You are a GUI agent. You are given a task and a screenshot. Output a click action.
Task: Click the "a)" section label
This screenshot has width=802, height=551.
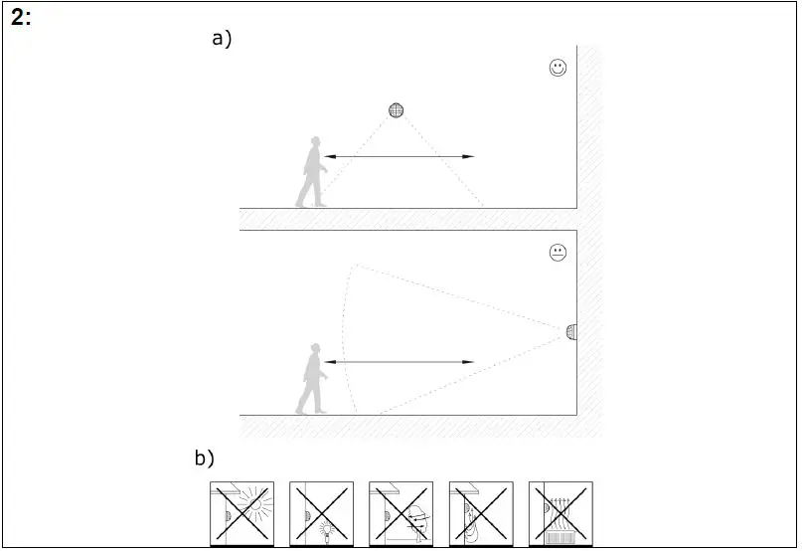222,39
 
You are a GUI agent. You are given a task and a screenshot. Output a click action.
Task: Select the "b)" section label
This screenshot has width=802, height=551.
205,459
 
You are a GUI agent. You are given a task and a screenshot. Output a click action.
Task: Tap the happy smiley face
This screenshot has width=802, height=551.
558,69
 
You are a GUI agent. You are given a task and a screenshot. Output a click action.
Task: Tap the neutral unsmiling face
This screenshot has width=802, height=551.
558,253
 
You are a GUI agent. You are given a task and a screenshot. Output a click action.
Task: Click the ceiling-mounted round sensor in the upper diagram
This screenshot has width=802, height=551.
397,110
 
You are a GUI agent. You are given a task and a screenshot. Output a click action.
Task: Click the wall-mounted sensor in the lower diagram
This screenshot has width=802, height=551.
570,331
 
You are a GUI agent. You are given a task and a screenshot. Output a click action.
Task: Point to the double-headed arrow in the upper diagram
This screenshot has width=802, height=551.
400,157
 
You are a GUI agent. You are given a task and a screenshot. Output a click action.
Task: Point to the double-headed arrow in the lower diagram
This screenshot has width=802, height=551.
400,362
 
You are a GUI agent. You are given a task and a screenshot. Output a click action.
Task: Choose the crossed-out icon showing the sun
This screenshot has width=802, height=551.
241,513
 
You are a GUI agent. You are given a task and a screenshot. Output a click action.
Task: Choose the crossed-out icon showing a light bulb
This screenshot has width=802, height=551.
321,513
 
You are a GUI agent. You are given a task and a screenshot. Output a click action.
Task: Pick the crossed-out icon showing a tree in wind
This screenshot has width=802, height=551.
401,513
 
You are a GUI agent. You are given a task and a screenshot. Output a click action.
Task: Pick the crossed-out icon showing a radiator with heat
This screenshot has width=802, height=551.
561,513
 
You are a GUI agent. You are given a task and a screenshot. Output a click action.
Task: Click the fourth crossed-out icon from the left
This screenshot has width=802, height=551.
481,513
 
